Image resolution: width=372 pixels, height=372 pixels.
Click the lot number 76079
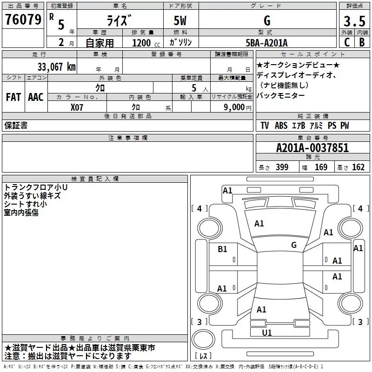click(23, 20)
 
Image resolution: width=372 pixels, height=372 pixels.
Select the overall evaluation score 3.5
click(353, 21)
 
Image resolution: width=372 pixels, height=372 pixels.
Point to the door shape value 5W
click(181, 21)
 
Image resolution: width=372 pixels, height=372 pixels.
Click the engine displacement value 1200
click(141, 43)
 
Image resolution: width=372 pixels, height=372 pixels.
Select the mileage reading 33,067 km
click(56, 66)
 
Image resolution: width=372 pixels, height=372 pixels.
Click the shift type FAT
click(13, 97)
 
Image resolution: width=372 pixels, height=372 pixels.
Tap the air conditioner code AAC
click(36, 97)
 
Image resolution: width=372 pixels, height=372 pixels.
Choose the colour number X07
click(77, 107)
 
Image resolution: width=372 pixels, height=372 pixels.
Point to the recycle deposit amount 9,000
click(234, 107)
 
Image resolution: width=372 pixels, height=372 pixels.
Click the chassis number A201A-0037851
click(312, 148)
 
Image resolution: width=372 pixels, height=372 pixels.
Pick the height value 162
click(358, 167)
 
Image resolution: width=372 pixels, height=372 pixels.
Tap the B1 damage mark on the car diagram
click(223, 249)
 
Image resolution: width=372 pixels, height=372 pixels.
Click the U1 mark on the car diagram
click(267, 332)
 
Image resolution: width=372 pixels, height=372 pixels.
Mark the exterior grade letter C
click(346, 42)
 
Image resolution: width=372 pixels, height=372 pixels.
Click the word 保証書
click(16, 126)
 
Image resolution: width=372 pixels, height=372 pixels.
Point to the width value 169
click(321, 167)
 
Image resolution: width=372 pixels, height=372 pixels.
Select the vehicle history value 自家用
click(100, 43)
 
